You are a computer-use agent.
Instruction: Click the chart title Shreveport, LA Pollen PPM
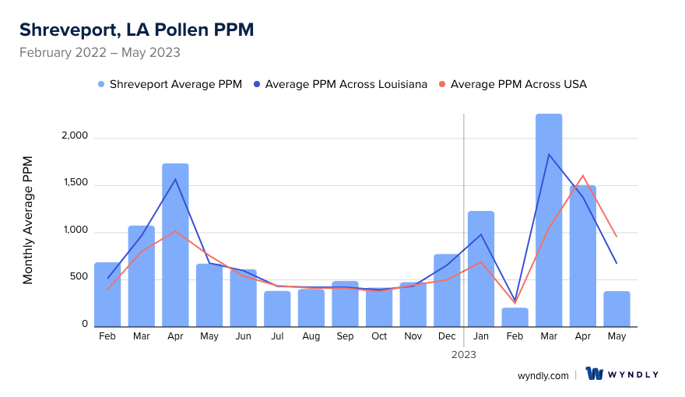tap(136, 30)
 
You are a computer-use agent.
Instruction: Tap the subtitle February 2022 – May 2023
tap(100, 53)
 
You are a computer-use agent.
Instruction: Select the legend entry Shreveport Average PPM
tap(169, 84)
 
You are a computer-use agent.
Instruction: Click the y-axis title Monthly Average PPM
tap(28, 220)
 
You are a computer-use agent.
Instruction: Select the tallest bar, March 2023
tap(549, 222)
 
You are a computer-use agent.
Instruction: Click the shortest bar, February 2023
tap(515, 318)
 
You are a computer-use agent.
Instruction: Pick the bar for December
tap(447, 290)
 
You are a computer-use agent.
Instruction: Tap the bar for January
tap(481, 269)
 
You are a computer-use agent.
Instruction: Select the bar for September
tap(345, 304)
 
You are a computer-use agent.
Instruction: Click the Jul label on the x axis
tap(277, 336)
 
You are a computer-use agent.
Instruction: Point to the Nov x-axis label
tap(413, 336)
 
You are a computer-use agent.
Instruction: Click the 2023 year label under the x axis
tap(464, 354)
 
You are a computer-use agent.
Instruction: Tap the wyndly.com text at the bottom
tap(543, 375)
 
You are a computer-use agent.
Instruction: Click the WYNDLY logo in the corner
tap(622, 374)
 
